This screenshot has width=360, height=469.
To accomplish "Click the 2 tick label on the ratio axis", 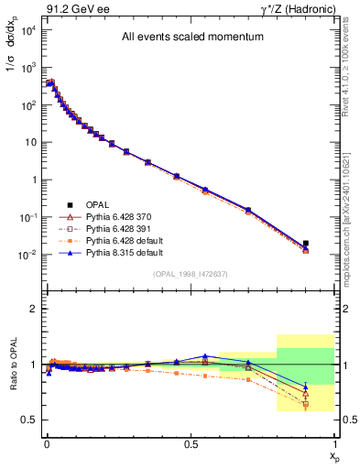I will pyautogui.click(x=32, y=309).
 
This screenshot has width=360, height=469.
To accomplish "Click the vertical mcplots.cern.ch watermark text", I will pyautogui.click(x=352, y=202).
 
